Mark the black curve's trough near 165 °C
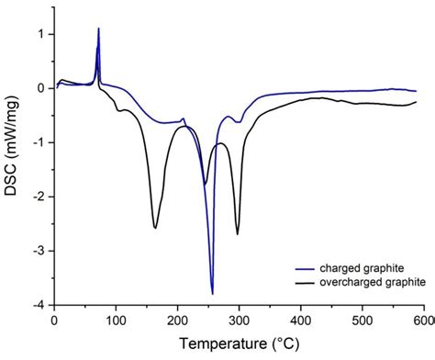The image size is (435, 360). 154,228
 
